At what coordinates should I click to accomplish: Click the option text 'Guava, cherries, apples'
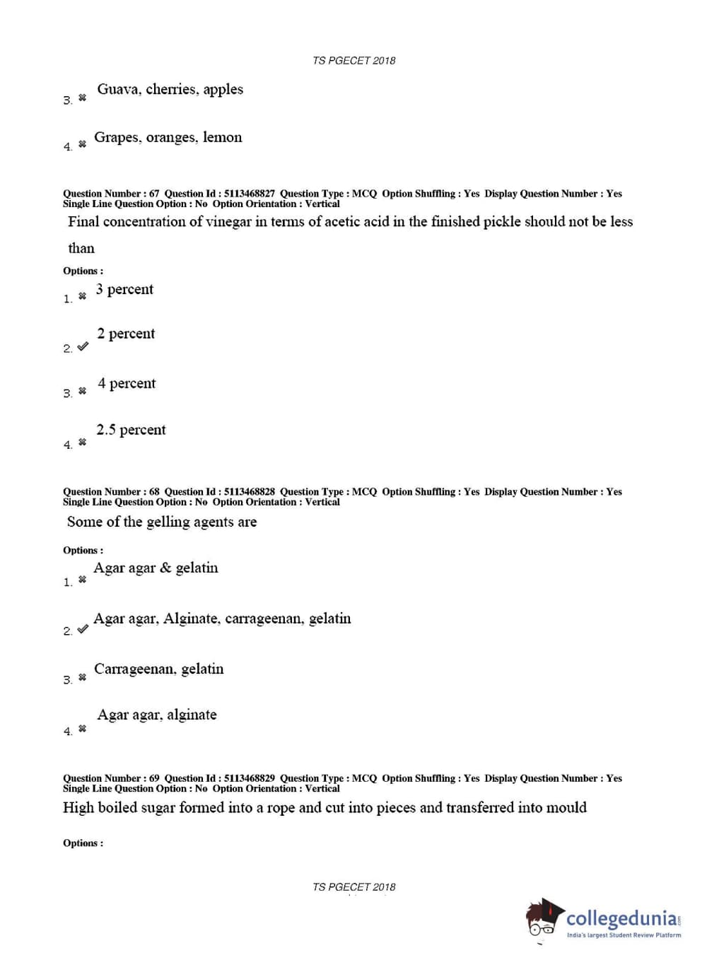(170, 89)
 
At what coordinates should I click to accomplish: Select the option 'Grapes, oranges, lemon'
(168, 137)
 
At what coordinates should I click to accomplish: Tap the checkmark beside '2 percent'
(83, 346)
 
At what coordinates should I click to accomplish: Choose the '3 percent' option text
(124, 289)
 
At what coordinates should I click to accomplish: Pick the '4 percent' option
(127, 383)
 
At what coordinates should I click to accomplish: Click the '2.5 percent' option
(131, 430)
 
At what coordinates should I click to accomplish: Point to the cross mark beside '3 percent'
(82, 296)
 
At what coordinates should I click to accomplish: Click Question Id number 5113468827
(249, 194)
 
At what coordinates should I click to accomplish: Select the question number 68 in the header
(154, 492)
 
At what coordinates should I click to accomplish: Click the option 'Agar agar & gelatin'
(156, 568)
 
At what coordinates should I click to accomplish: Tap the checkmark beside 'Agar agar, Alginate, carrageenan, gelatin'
(83, 629)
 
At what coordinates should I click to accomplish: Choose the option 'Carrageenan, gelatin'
(158, 669)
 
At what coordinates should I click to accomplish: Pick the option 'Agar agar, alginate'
(156, 715)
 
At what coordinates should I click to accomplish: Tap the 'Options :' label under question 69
(83, 843)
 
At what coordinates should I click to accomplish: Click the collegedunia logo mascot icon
(544, 918)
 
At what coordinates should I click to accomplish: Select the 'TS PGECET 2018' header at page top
(353, 61)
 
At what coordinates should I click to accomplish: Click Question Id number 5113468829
(249, 778)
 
